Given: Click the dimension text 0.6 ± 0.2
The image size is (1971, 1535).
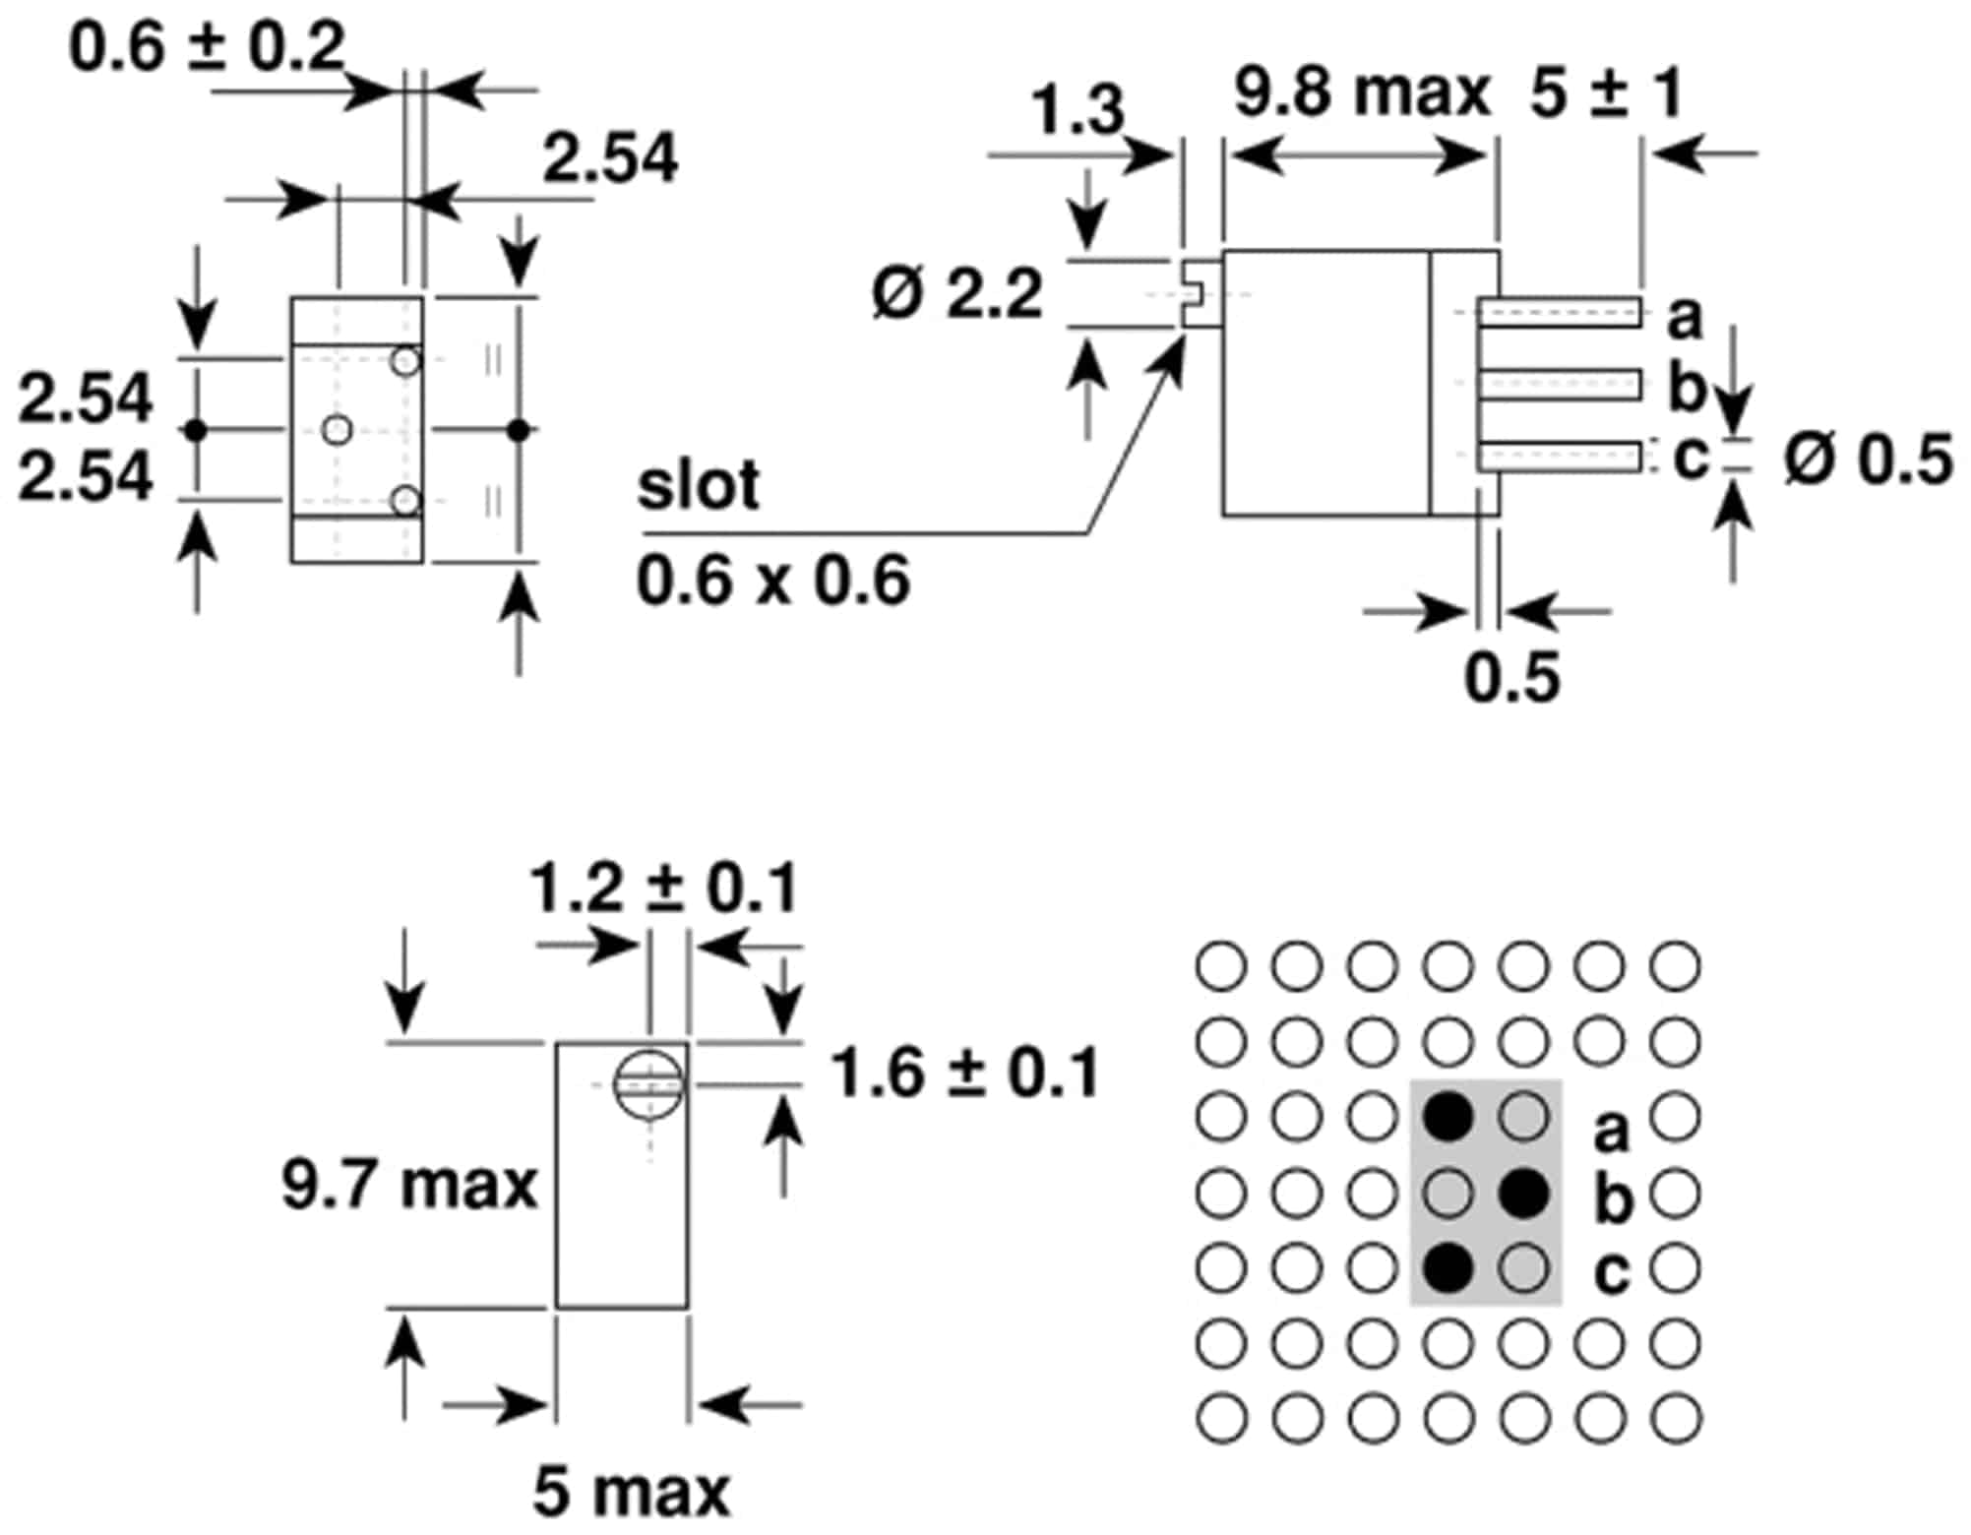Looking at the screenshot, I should pyautogui.click(x=207, y=46).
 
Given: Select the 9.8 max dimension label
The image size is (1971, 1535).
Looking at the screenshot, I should pyautogui.click(x=1362, y=92).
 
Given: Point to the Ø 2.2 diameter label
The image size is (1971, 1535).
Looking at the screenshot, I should pyautogui.click(x=956, y=293).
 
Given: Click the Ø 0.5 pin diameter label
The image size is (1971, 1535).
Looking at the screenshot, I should pyautogui.click(x=1868, y=460).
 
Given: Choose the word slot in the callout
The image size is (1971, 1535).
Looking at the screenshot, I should pyautogui.click(x=698, y=485).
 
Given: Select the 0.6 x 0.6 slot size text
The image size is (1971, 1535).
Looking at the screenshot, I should pyautogui.click(x=772, y=581).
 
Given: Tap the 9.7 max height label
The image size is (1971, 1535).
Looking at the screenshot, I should pyautogui.click(x=408, y=1184).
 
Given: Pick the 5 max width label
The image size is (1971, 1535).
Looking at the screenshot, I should pyautogui.click(x=632, y=1491).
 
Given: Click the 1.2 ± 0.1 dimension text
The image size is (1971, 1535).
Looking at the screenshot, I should pyautogui.click(x=663, y=889).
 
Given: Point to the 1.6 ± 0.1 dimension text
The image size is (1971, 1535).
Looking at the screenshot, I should pyautogui.click(x=965, y=1073).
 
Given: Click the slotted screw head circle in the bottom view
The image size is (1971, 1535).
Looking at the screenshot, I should pyautogui.click(x=647, y=1084).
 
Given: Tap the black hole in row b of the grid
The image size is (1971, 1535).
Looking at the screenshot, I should pyautogui.click(x=1524, y=1194).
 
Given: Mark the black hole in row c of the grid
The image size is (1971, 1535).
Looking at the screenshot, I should pyautogui.click(x=1448, y=1268).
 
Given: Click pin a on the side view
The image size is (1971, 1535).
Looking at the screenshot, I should pyautogui.click(x=1559, y=312).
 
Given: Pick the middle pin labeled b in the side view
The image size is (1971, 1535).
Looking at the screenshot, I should pyautogui.click(x=1559, y=384).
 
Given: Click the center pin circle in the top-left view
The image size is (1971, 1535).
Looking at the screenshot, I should pyautogui.click(x=338, y=430).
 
